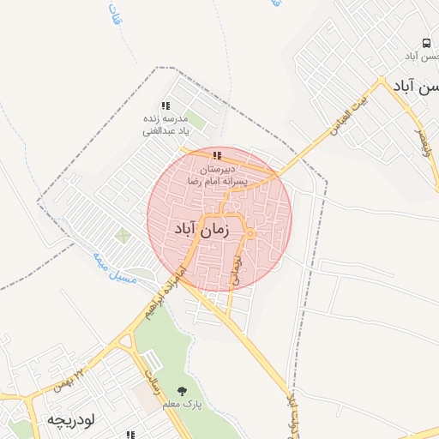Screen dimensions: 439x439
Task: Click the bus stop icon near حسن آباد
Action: (x=426, y=43)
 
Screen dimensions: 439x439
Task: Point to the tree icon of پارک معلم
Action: (x=180, y=391)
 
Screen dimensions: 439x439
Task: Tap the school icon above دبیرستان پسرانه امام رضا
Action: (x=217, y=156)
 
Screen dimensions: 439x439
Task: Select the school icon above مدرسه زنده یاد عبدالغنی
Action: (x=165, y=105)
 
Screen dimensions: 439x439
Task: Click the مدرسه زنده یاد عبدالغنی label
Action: (x=166, y=125)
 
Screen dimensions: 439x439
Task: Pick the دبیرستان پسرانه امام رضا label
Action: (x=217, y=175)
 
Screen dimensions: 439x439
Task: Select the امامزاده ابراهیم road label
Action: (x=166, y=293)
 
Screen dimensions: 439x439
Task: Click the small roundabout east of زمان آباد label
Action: (x=249, y=234)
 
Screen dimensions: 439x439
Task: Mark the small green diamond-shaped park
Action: (x=123, y=234)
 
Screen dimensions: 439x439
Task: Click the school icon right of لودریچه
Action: (x=130, y=434)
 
